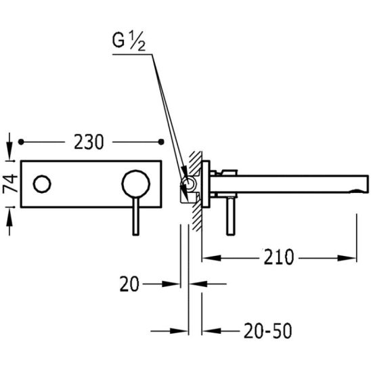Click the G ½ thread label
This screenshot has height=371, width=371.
(x=129, y=43)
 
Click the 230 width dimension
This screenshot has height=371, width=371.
(x=89, y=142)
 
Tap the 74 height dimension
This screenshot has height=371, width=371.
(x=10, y=183)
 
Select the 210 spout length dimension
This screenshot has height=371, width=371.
(x=278, y=257)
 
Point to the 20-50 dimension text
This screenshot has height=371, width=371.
(x=267, y=331)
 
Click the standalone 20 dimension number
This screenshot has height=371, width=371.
(x=129, y=284)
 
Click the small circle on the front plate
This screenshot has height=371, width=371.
(x=42, y=184)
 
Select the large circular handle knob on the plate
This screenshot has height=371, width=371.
(x=136, y=184)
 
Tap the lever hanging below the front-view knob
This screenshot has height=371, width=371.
(x=135, y=216)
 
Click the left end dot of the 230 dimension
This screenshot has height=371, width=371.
(x=21, y=142)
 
